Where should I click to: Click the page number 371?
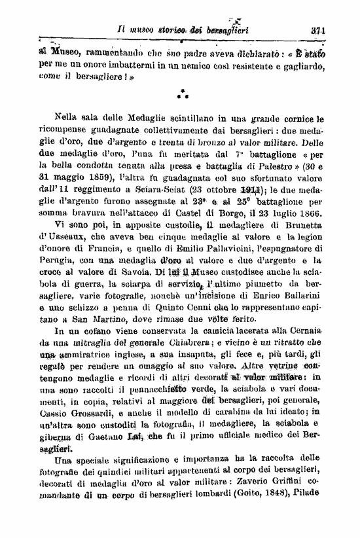pyautogui.click(x=319, y=29)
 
